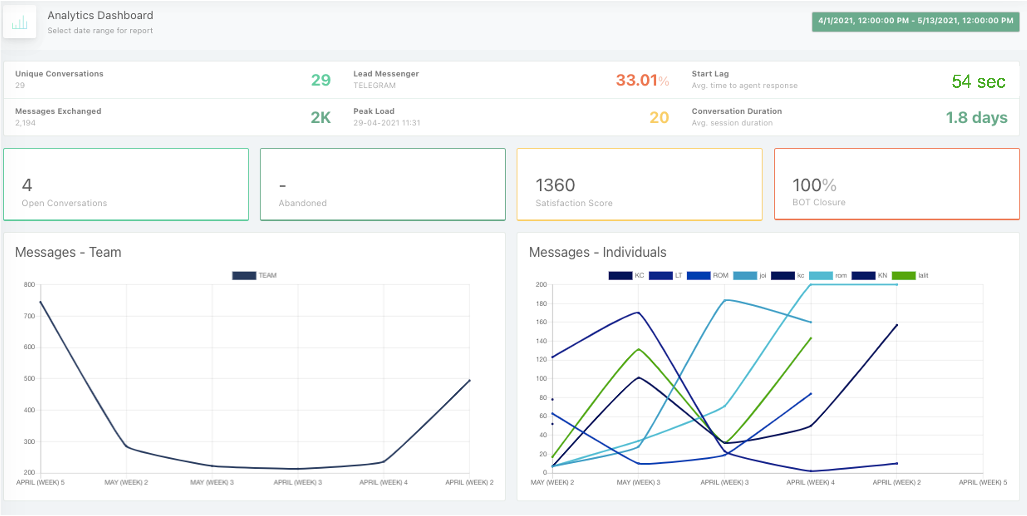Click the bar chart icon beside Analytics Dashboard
[x=20, y=22]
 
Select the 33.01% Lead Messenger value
[x=642, y=80]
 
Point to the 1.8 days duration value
[x=976, y=118]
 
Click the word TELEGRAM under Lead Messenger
[x=374, y=85]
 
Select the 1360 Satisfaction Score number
[x=555, y=185]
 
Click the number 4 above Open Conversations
[x=27, y=185]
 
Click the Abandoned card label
[x=303, y=203]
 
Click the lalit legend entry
[x=910, y=275]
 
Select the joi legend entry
[x=750, y=275]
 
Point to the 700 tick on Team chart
[x=29, y=316]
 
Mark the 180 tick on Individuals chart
[x=541, y=304]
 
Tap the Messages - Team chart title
[x=68, y=252]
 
